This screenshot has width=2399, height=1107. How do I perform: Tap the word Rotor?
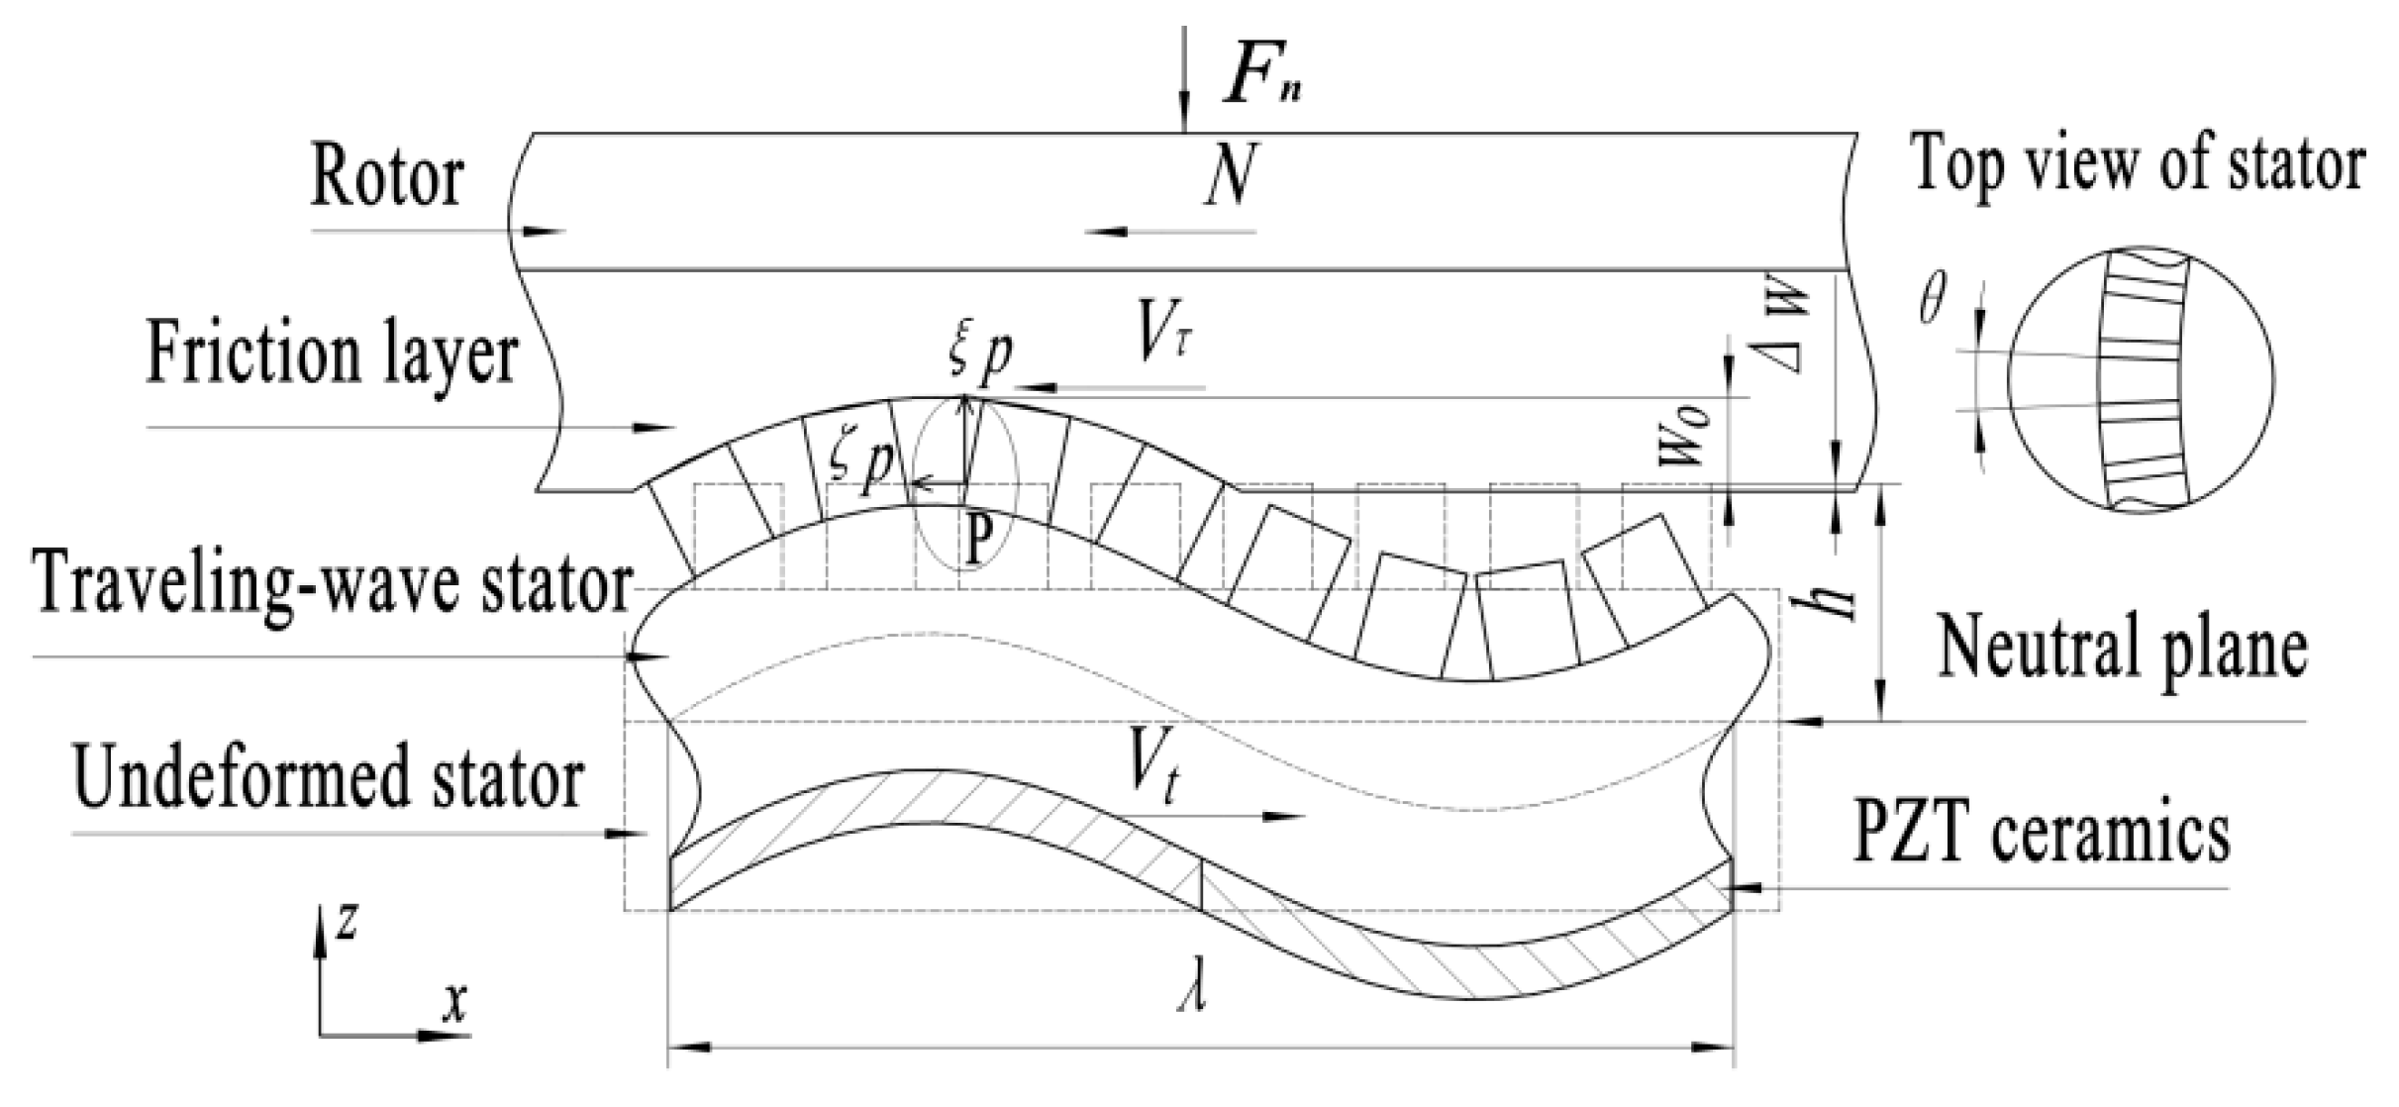pos(386,178)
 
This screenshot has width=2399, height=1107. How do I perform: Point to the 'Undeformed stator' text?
pos(328,778)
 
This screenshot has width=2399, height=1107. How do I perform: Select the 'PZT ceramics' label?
pos(2041,833)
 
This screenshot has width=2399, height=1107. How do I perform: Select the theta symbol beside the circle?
pos(1932,298)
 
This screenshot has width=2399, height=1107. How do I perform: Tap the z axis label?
pos(346,923)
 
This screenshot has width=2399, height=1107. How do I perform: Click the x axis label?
pos(454,1004)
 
